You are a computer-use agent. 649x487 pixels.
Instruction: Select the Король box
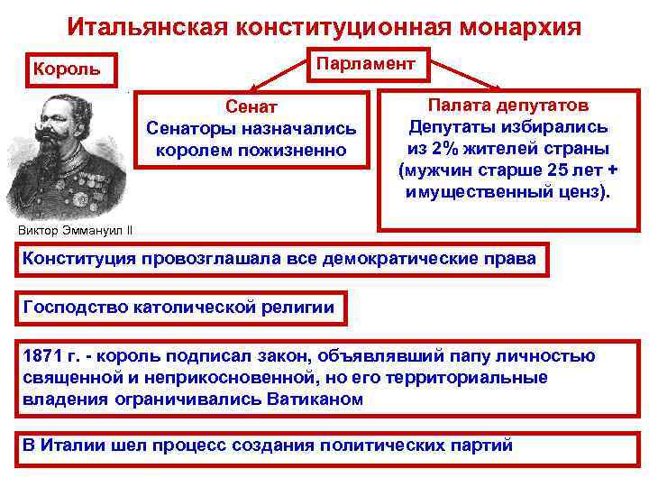point(68,69)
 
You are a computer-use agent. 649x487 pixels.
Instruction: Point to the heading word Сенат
point(251,107)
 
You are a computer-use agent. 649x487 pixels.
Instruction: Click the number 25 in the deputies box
point(560,170)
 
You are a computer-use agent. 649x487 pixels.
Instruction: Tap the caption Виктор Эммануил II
point(75,228)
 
